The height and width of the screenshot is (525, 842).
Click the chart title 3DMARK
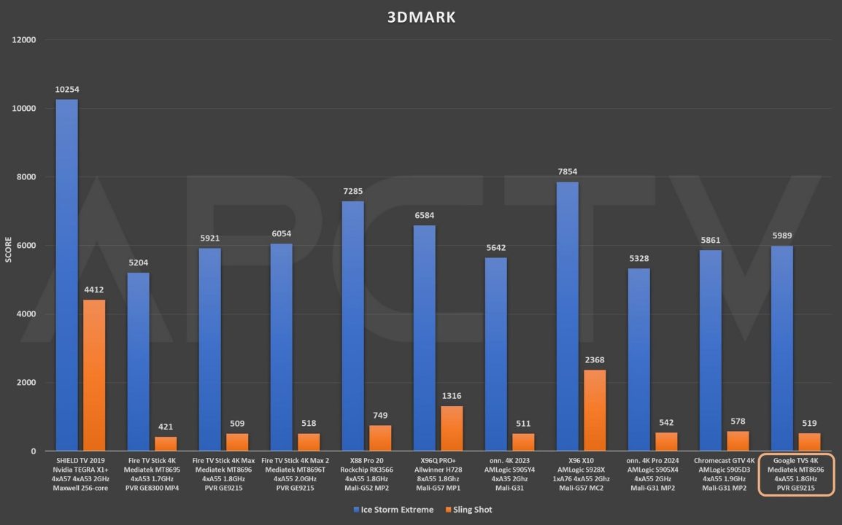click(x=421, y=17)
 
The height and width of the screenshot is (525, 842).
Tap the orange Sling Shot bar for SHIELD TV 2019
click(x=94, y=376)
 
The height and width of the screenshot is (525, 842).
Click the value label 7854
click(x=567, y=172)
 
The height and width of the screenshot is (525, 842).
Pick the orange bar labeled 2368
click(x=595, y=411)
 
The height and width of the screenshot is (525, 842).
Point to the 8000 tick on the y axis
click(x=25, y=177)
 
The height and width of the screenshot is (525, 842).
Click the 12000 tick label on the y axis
click(x=24, y=39)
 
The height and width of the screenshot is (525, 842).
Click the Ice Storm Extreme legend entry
click(x=393, y=510)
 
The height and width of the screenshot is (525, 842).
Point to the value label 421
click(x=166, y=427)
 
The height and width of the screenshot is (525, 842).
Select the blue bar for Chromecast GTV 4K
click(x=710, y=351)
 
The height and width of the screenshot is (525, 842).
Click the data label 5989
click(x=781, y=236)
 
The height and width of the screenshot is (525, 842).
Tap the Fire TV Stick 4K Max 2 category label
click(x=295, y=474)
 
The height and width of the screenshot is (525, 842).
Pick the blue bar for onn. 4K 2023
click(x=495, y=354)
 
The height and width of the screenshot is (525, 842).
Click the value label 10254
click(x=66, y=90)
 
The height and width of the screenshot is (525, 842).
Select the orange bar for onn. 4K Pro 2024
click(x=666, y=442)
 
